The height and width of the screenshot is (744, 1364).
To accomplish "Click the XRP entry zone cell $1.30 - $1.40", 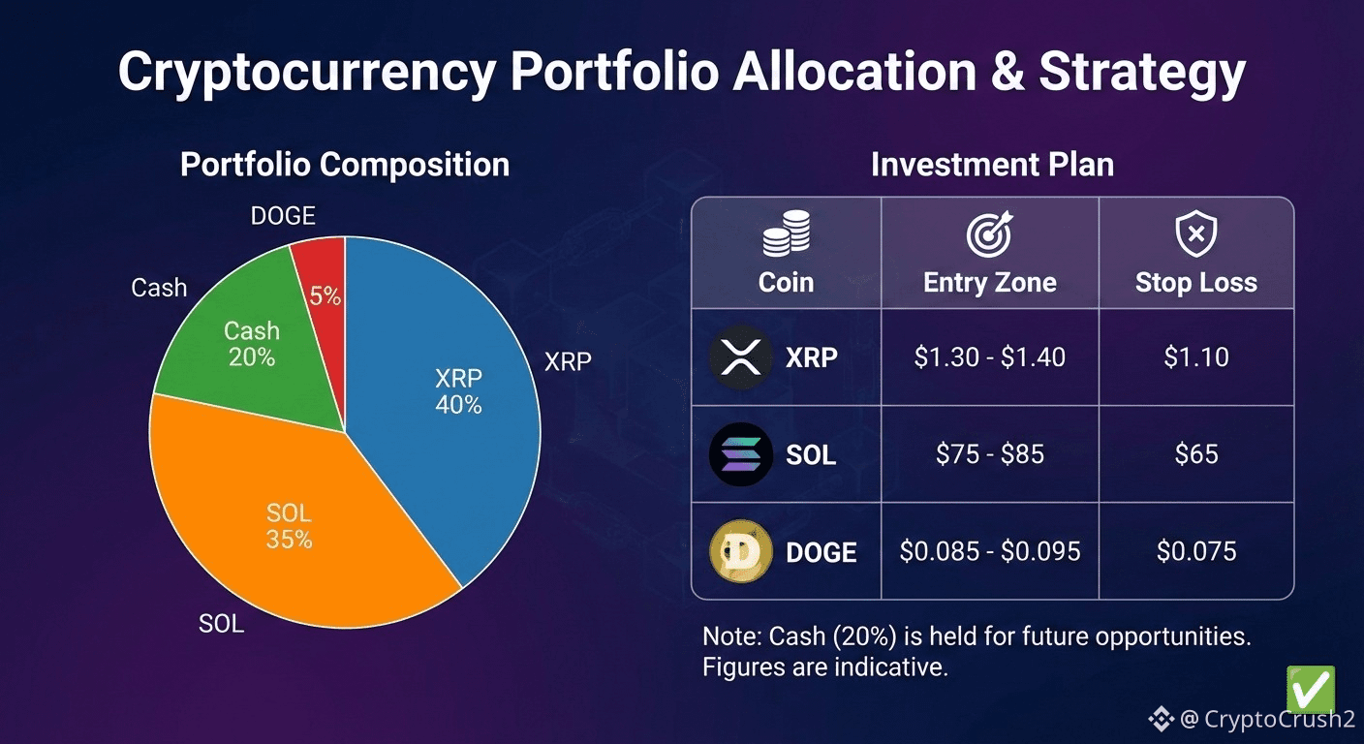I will (x=989, y=357).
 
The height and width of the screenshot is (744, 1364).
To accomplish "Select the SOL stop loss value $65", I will (x=1196, y=454).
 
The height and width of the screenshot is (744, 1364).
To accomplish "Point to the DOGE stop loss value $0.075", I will (x=1196, y=552).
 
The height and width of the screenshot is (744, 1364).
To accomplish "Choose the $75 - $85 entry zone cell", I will (x=989, y=454).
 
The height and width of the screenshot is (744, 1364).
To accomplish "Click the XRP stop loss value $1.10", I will (x=1196, y=357).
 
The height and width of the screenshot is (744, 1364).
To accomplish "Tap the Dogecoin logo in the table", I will (x=741, y=552).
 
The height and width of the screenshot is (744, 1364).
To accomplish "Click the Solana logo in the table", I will (x=741, y=454).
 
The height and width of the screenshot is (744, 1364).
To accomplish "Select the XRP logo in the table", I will (x=741, y=357).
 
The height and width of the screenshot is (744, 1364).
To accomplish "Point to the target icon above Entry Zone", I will (x=989, y=233).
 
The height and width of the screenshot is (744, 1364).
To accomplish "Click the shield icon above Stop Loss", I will (x=1196, y=233).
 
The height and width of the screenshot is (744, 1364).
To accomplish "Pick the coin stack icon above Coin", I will (x=786, y=233).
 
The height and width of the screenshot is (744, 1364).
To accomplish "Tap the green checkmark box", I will (x=1310, y=690).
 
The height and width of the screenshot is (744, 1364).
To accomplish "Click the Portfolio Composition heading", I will (x=345, y=165).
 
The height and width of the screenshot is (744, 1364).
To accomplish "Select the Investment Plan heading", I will (x=992, y=165).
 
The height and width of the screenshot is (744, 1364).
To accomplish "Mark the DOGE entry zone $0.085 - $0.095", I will (x=989, y=552).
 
